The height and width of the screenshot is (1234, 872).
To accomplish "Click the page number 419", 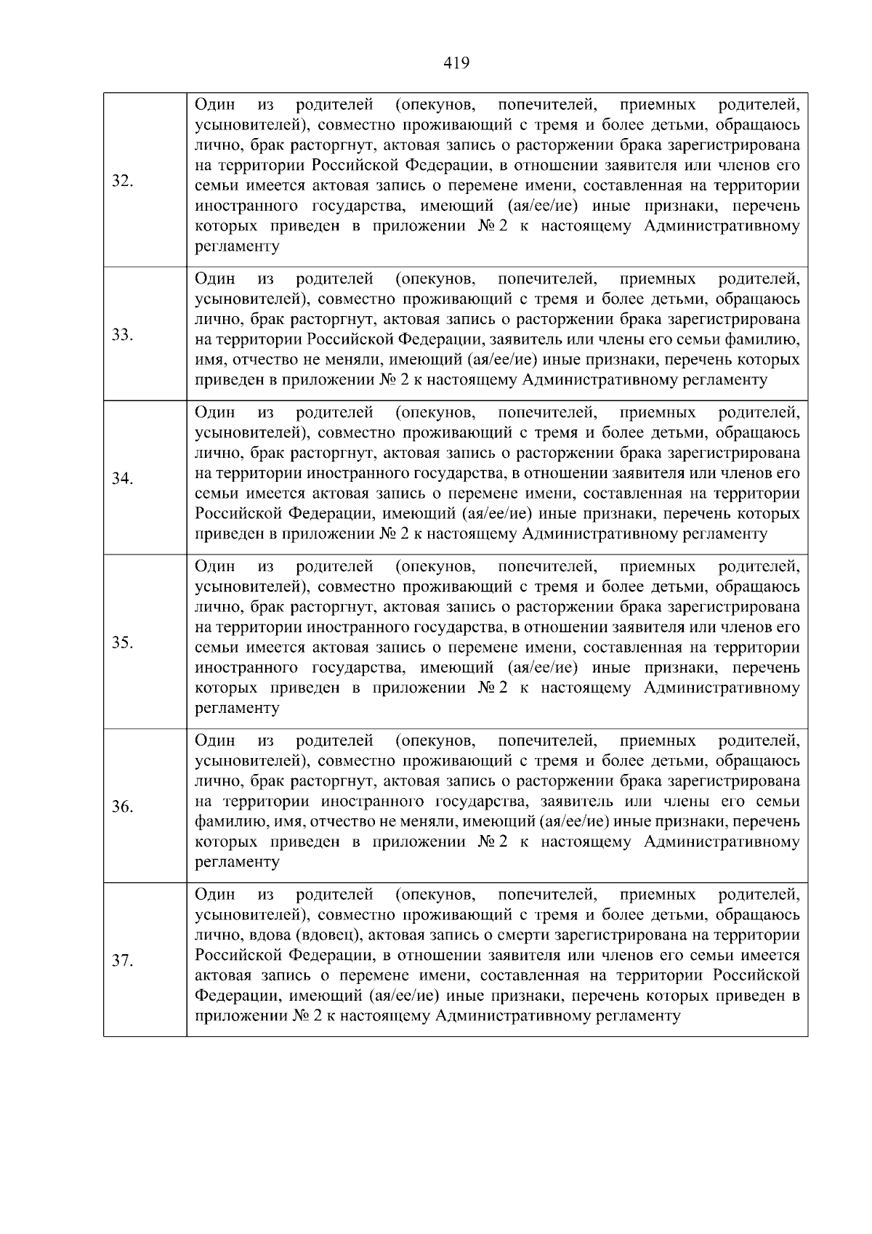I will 456,63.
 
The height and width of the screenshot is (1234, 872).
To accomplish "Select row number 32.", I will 122,182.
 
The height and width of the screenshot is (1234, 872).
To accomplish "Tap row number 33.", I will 122,334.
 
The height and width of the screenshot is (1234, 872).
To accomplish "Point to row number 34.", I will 122,478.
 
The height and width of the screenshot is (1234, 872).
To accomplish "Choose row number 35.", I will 122,642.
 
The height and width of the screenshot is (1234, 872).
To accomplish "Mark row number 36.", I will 122,807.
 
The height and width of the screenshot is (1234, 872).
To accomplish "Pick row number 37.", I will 122,961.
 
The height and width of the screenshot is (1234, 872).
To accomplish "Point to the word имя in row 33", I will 209,360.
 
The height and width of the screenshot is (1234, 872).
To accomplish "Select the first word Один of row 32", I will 215,104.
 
